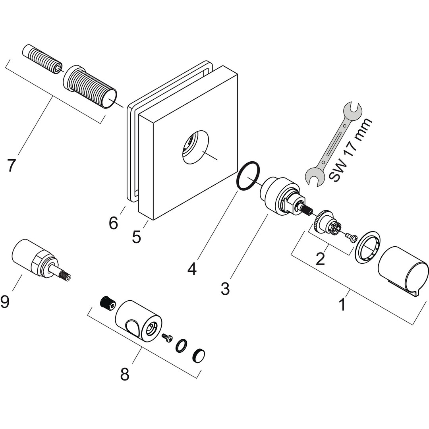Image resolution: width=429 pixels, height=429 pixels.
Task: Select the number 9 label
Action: click(x=5, y=302)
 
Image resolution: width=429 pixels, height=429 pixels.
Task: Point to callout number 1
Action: click(x=342, y=305)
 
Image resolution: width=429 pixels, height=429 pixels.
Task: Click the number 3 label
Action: click(x=225, y=289)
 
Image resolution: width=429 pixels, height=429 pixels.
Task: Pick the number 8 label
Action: click(x=125, y=374)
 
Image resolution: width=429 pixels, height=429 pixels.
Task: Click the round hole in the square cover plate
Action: click(x=195, y=147)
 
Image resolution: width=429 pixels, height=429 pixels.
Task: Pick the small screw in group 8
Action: click(x=167, y=337)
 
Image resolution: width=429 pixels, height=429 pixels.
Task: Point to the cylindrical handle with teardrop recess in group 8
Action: click(x=139, y=321)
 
